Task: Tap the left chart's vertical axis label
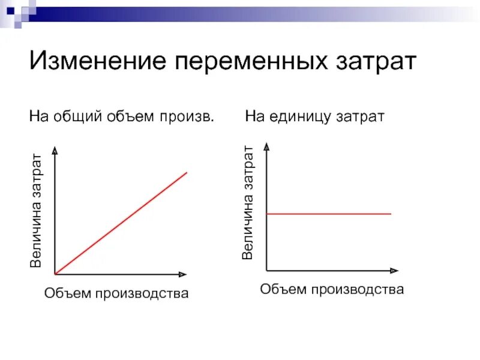(x=37, y=211)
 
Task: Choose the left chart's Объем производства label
(x=116, y=293)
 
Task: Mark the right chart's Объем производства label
(x=332, y=290)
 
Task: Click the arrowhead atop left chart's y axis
(x=55, y=151)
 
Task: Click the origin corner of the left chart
(x=55, y=274)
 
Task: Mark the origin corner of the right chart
(x=266, y=270)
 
